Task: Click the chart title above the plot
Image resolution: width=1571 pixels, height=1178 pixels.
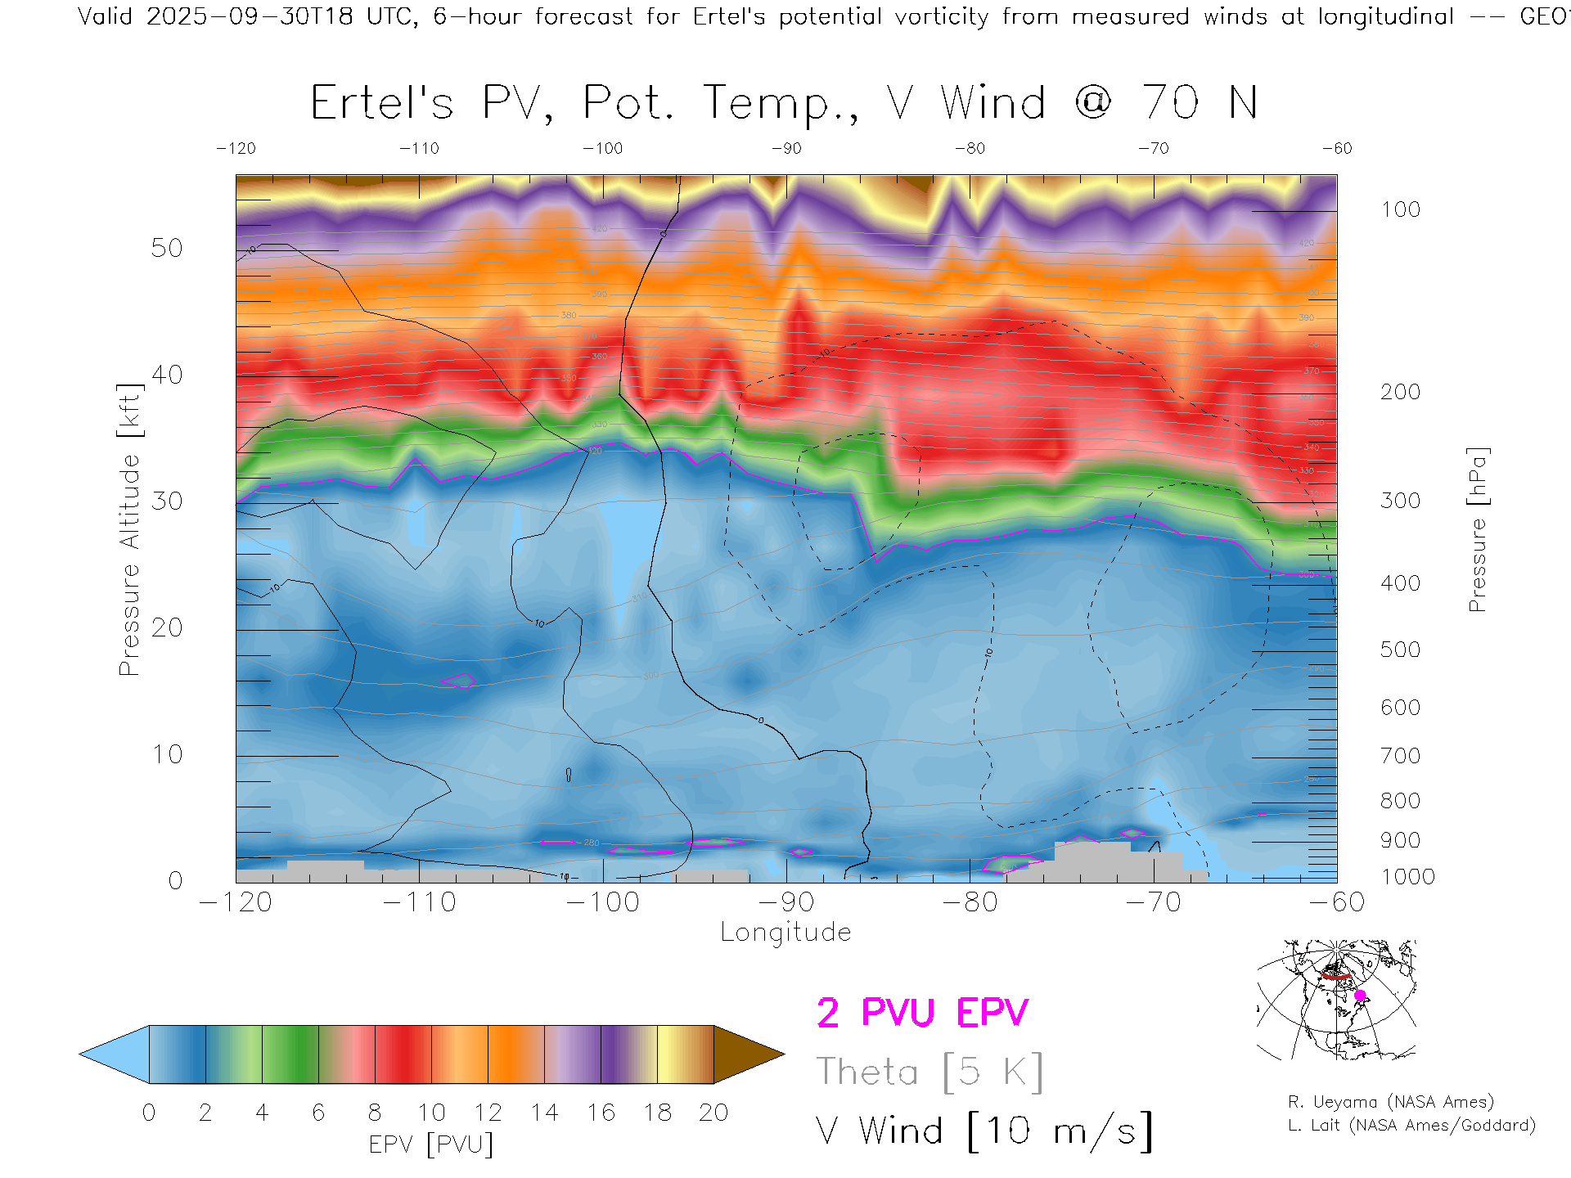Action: [784, 103]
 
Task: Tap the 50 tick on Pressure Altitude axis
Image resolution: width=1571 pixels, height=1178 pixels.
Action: [167, 248]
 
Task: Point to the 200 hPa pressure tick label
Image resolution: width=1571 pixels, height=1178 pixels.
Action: [1400, 392]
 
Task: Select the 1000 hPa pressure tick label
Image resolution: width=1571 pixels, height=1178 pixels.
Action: [1407, 877]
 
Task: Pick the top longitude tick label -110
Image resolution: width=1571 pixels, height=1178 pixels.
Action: [419, 148]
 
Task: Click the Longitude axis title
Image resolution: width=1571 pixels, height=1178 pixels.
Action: [785, 933]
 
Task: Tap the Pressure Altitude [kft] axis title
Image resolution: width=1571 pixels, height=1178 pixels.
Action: [130, 529]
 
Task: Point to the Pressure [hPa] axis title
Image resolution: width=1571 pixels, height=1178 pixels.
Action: [1477, 529]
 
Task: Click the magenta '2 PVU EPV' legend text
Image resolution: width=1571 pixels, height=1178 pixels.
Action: [922, 1013]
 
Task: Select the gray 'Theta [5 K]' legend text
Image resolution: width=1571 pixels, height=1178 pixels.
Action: [930, 1072]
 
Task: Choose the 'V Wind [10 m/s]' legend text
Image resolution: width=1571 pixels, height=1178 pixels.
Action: [984, 1131]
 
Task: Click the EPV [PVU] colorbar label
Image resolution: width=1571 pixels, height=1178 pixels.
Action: [431, 1144]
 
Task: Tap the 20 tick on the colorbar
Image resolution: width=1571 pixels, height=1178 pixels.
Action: [713, 1113]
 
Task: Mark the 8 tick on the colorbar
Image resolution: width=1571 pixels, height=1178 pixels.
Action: [375, 1113]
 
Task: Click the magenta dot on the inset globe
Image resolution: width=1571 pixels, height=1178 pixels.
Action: [1360, 996]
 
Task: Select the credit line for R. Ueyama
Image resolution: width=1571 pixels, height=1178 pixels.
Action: [1390, 1102]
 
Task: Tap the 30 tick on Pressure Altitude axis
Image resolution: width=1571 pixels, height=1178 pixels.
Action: [167, 501]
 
